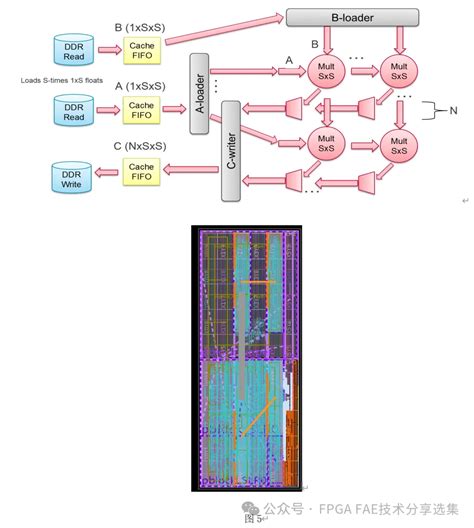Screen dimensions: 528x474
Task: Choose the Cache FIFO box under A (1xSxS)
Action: (x=141, y=109)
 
